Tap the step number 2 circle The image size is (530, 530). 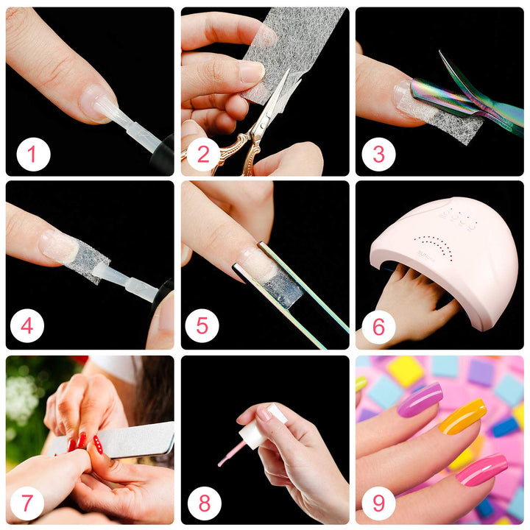[203, 155]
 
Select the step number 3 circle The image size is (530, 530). [378, 155]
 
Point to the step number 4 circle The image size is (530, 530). [27, 325]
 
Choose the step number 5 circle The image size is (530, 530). [202, 325]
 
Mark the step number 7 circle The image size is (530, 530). [27, 503]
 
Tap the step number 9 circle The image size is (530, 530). [378, 503]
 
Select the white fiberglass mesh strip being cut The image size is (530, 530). [294, 44]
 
